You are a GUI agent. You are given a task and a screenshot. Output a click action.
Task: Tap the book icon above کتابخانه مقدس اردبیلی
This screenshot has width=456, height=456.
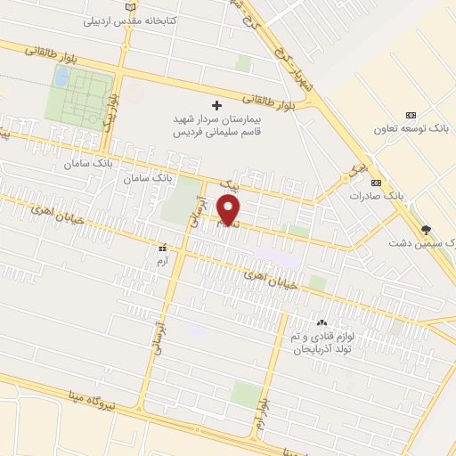pyautogui.click(x=133, y=6)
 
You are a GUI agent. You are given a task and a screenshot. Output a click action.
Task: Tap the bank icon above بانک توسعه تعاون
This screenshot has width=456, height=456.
pyautogui.click(x=411, y=115)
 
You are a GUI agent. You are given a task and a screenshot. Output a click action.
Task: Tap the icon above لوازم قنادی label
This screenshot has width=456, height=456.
pyautogui.click(x=321, y=322)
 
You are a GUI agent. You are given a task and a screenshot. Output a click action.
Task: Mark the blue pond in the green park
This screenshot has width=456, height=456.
pyautogui.click(x=61, y=77)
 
